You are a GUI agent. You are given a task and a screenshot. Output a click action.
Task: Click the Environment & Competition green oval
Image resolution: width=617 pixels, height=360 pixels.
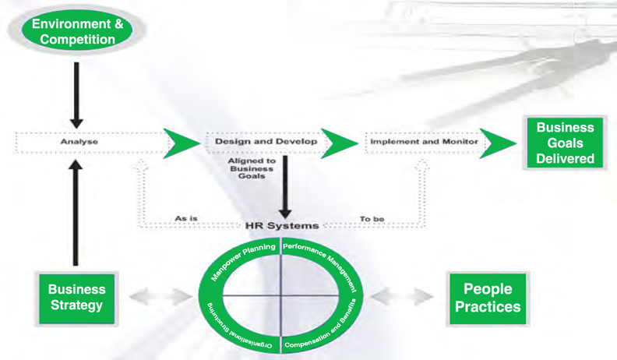point(77,30)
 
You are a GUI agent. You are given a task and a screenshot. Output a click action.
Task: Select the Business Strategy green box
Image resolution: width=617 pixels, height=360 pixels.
point(76,298)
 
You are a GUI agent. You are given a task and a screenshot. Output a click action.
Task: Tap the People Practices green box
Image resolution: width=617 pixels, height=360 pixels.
point(488,298)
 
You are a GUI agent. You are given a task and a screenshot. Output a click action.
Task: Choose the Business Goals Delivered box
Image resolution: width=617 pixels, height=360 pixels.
point(565,143)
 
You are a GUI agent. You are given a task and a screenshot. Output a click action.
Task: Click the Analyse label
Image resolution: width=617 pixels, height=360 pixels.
point(79,142)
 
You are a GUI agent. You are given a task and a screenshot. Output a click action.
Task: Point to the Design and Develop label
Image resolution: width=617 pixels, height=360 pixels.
point(266,142)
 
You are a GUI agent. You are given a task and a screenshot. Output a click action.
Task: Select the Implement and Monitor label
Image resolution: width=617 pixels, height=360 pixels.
point(424,142)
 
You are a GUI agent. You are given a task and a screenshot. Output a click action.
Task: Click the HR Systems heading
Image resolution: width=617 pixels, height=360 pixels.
point(282,226)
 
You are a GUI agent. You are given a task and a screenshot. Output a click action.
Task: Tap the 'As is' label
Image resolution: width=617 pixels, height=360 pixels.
point(186,218)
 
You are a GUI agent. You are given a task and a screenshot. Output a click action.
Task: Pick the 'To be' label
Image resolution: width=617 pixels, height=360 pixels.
point(372,219)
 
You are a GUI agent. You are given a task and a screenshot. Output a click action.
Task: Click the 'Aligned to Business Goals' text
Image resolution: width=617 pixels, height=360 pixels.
point(252,168)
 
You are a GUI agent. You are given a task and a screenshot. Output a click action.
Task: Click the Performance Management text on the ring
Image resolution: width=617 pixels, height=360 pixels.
point(323,263)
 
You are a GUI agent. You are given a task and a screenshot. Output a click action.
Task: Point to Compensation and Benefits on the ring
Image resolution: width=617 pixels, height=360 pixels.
point(323,326)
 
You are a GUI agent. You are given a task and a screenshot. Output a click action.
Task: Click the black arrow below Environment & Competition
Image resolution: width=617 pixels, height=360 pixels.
point(76,95)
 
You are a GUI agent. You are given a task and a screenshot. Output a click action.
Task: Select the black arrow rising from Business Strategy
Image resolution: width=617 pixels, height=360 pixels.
point(76,213)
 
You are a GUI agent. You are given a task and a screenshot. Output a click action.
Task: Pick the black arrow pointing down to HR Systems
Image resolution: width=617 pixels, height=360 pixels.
point(285,187)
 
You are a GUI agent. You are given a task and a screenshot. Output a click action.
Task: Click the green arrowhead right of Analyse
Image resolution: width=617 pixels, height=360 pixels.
point(182,143)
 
